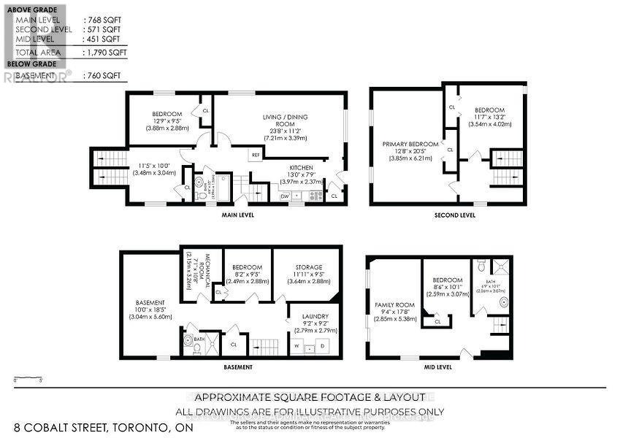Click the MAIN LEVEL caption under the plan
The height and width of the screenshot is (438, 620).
[x=237, y=215]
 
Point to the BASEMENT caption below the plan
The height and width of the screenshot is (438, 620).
[x=238, y=367]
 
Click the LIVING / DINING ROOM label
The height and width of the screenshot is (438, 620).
[x=282, y=120]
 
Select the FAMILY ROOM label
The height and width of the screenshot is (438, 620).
[x=394, y=305]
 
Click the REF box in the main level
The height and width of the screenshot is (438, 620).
[x=256, y=155]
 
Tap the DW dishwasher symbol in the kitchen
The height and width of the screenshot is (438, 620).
[x=285, y=196]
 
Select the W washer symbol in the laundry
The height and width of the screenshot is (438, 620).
[x=296, y=345]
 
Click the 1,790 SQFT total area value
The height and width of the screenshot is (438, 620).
[x=103, y=53]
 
